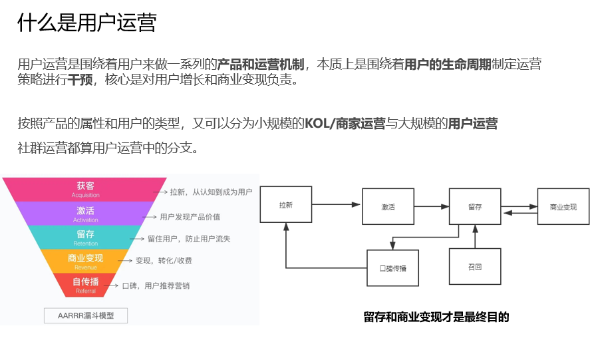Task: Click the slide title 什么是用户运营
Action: click(87, 23)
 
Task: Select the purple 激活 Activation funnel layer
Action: click(86, 214)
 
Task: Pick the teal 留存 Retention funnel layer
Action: click(86, 238)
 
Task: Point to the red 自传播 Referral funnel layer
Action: click(86, 285)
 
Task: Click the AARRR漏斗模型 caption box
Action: click(86, 315)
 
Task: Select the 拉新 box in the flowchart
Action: click(285, 205)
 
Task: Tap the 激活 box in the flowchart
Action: click(388, 207)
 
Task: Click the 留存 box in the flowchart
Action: click(474, 207)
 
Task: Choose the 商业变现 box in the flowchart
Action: click(563, 207)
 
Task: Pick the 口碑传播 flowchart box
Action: click(392, 268)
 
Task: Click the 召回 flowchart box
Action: click(474, 267)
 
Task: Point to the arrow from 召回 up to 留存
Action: click(475, 237)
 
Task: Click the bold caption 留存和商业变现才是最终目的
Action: click(436, 317)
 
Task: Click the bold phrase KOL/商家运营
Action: click(345, 124)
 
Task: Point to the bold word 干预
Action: click(80, 81)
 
